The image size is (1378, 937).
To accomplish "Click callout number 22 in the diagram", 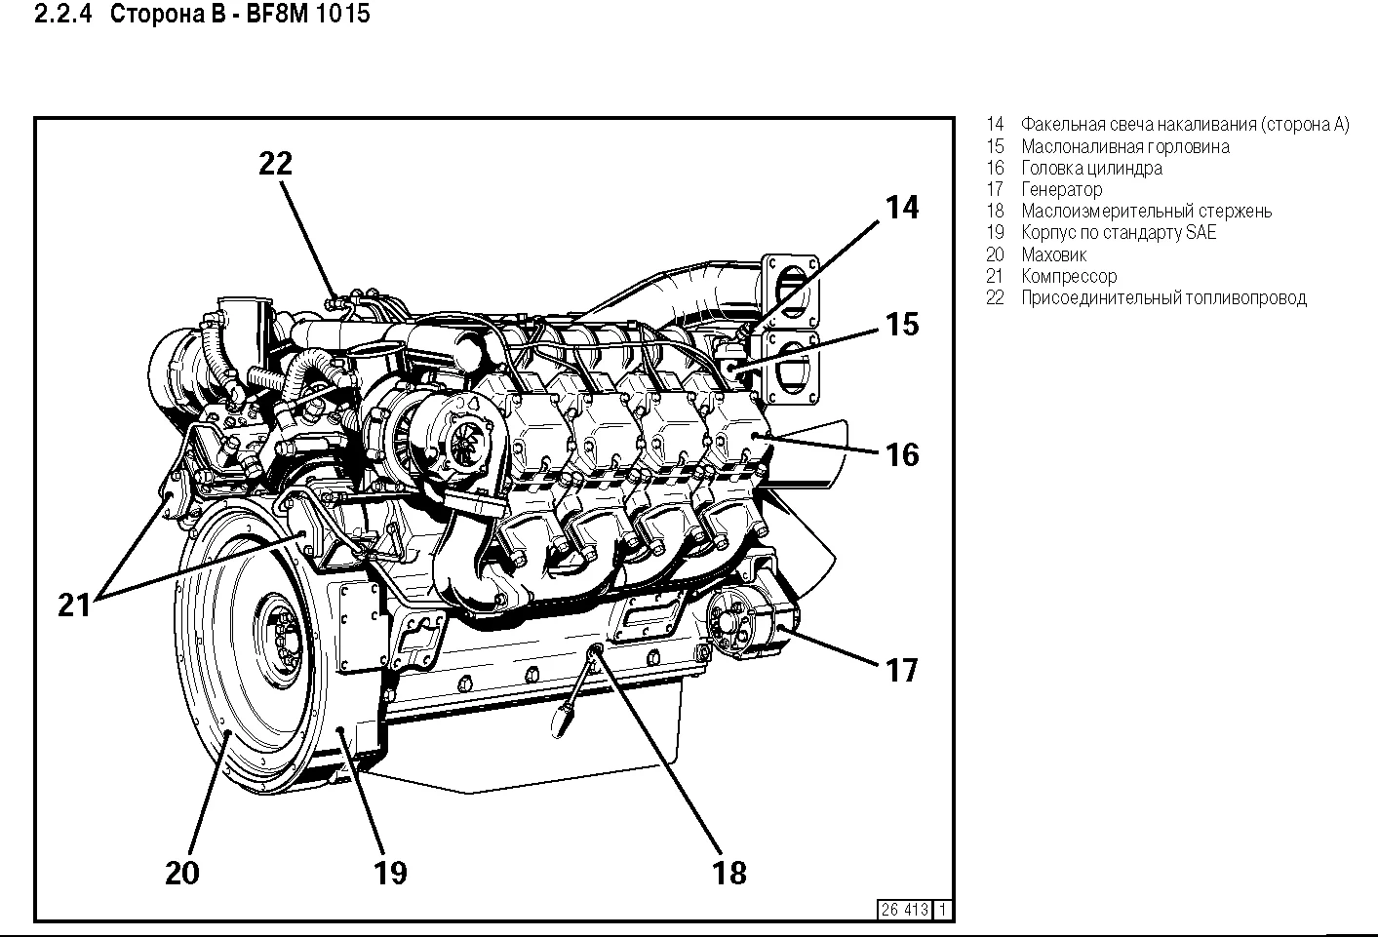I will pyautogui.click(x=276, y=164).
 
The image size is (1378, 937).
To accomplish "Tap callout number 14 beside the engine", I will pyautogui.click(x=902, y=208).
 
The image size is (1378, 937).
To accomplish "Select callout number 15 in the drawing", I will pyautogui.click(x=902, y=324).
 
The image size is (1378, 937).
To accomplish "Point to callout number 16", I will pyautogui.click(x=902, y=453).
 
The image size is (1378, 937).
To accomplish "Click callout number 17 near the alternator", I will pyautogui.click(x=902, y=670).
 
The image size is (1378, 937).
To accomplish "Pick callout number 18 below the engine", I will pyautogui.click(x=729, y=872).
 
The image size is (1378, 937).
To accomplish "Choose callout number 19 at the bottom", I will pyautogui.click(x=390, y=872).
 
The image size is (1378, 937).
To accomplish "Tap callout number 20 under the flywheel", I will pyautogui.click(x=182, y=872).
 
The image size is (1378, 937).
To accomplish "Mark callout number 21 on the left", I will pyautogui.click(x=74, y=605).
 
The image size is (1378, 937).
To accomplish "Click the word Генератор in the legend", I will pyautogui.click(x=1062, y=189).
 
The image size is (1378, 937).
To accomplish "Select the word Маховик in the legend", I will pyautogui.click(x=1054, y=254).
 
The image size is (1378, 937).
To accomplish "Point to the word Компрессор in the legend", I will pyautogui.click(x=1069, y=276).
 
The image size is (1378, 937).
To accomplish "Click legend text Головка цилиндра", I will pyautogui.click(x=1091, y=168).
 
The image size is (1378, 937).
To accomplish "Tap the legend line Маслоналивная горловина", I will pyautogui.click(x=1124, y=146).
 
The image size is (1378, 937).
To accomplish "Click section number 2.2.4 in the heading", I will pyautogui.click(x=63, y=15).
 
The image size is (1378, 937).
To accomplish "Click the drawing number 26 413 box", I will pyautogui.click(x=904, y=910).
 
